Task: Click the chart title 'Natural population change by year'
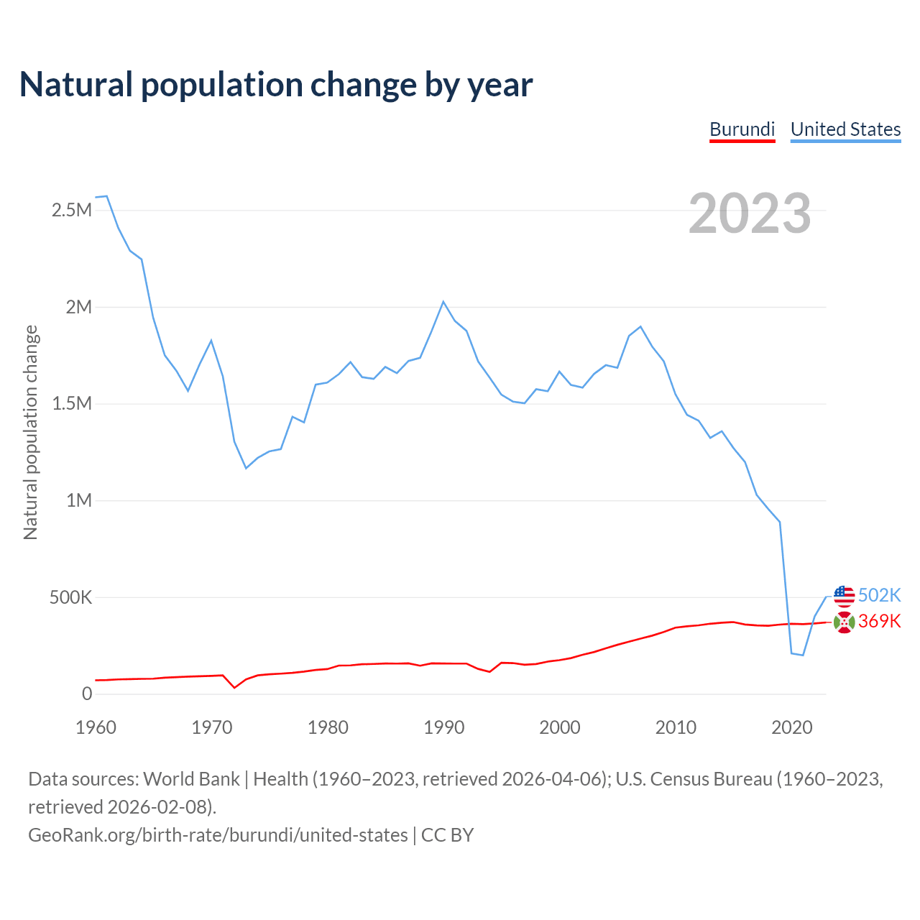coord(276,85)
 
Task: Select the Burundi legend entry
coord(742,129)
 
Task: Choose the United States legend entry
coord(845,129)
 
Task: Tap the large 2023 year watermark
coord(750,213)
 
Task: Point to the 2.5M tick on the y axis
coord(72,211)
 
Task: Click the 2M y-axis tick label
coord(79,308)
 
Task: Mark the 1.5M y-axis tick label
coord(72,404)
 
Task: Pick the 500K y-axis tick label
coord(70,597)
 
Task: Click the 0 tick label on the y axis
coord(87,694)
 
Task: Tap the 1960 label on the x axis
coord(96,727)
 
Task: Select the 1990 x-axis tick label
coord(443,727)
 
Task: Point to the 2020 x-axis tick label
coord(791,727)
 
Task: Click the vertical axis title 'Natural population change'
coord(30,432)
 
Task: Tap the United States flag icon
coord(844,596)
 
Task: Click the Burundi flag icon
coord(844,622)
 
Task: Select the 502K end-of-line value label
coord(879,596)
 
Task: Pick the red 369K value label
coord(879,622)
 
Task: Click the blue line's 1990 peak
coord(443,301)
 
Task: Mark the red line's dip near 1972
coord(234,688)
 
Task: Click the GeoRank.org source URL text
coord(218,835)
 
